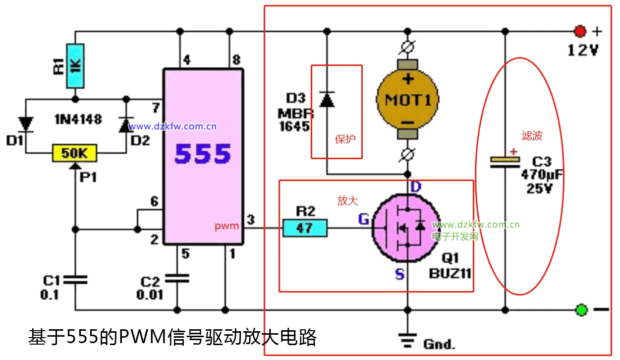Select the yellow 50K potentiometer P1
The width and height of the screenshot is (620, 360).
pos(74,153)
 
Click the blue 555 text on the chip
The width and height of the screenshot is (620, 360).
pos(203,154)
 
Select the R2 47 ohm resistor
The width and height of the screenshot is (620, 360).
pos(305,228)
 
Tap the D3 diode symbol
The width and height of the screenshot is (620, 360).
pos(327,100)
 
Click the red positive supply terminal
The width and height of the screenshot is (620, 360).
pos(580,32)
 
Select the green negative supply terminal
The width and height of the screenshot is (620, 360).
pos(581,310)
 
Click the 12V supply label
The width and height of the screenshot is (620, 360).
pos(583,50)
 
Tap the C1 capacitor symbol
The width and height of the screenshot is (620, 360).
pos(75,280)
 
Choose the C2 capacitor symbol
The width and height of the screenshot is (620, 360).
pos(177,278)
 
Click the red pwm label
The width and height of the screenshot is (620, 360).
pos(227,226)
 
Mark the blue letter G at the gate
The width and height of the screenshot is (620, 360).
pos(364,219)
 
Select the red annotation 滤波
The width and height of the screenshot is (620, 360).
pos(532,136)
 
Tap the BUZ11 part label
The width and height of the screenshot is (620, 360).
pos(450,273)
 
